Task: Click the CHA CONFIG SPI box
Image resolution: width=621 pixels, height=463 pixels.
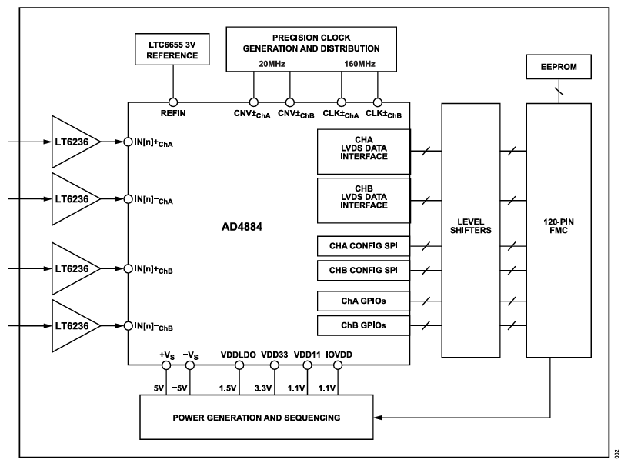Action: [363, 246]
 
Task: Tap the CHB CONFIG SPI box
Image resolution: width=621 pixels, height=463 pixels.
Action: [363, 271]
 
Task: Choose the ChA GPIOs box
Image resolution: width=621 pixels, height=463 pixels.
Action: [363, 301]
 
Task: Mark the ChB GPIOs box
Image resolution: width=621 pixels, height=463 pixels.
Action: [363, 325]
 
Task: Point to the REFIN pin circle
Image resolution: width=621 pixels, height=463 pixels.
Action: [173, 102]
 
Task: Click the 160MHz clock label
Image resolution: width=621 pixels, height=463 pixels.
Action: [359, 64]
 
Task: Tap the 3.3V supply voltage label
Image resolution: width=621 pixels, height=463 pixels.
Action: [274, 388]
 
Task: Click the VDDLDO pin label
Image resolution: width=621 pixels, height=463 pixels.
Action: [239, 355]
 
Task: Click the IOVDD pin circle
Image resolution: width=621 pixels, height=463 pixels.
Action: [336, 366]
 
